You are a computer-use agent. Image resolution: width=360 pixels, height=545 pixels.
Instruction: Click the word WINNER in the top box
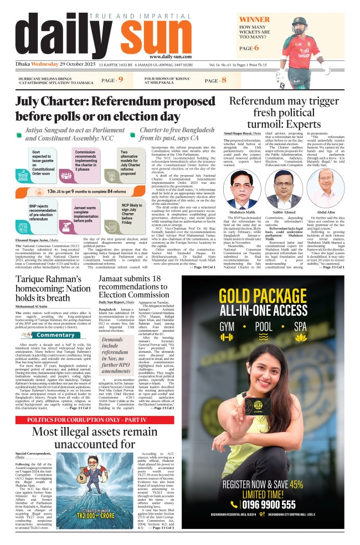click(255, 19)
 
